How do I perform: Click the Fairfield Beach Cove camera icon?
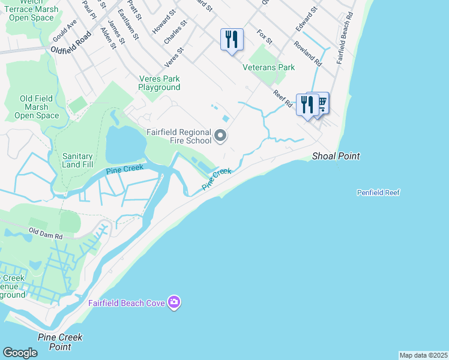click(x=174, y=302)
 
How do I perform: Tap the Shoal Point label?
click(x=336, y=157)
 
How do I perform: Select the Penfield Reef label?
click(x=378, y=193)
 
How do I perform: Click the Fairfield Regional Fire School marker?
click(x=220, y=136)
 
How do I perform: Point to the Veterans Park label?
click(x=268, y=67)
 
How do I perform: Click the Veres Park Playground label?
click(x=159, y=83)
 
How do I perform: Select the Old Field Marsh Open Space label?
click(x=37, y=107)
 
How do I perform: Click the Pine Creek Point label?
click(x=59, y=342)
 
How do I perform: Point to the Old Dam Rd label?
click(x=46, y=232)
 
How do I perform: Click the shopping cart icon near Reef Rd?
click(x=321, y=104)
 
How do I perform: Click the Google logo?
click(x=20, y=353)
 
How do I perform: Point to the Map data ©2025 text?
click(x=423, y=355)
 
